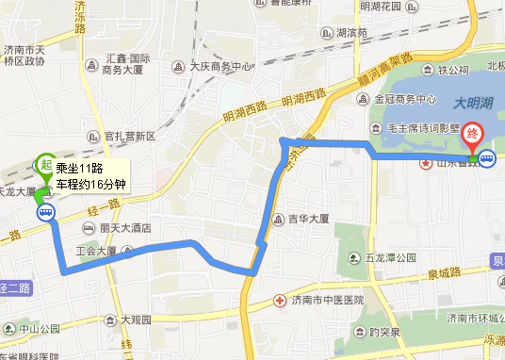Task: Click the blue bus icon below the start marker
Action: point(45,213)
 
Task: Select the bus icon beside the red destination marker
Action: point(487,159)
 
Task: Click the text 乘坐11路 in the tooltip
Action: point(78,169)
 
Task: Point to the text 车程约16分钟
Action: point(90,184)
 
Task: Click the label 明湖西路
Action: point(247,112)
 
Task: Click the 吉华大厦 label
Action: point(307,220)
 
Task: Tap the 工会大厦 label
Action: point(95,252)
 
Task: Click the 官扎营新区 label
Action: point(131,136)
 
